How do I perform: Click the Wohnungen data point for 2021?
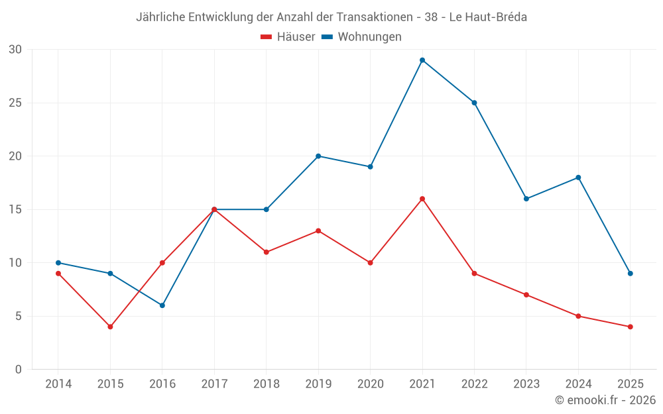pos(422,60)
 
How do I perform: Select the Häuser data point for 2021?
pos(422,199)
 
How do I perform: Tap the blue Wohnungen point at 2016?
pos(162,305)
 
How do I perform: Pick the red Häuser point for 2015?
pos(110,327)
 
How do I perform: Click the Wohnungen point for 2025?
pos(630,274)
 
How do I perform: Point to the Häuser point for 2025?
pos(630,327)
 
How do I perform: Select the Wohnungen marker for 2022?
pos(474,103)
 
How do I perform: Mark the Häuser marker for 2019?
pos(318,231)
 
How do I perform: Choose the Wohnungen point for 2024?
pos(578,178)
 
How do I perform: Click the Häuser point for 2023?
pos(526,295)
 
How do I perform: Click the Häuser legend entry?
pos(288,37)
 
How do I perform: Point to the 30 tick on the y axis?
pos(15,50)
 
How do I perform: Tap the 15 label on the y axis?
pos(15,209)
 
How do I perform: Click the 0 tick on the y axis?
pos(19,370)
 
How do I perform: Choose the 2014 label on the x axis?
pos(58,384)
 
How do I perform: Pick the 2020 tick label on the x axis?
pos(370,384)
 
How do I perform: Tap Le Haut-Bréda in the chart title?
pos(488,17)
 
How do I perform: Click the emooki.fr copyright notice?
pos(605,400)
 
